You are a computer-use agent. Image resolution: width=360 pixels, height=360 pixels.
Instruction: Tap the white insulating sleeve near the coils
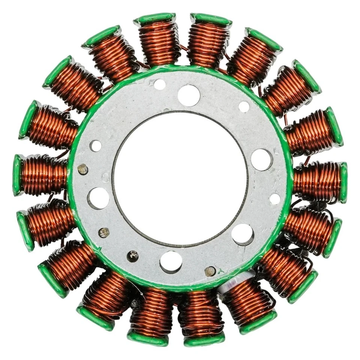(229, 285)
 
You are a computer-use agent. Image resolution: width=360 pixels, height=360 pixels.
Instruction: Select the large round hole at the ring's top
(189, 95)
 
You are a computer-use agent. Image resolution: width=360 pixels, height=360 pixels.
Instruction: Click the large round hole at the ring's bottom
(171, 262)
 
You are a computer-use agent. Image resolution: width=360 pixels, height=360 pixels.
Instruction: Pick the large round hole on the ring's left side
(98, 198)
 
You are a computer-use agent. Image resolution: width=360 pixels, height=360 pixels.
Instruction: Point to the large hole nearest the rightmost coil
(261, 159)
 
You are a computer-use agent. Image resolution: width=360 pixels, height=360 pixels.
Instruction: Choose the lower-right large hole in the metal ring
(243, 234)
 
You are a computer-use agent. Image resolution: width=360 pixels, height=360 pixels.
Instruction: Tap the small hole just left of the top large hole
(159, 84)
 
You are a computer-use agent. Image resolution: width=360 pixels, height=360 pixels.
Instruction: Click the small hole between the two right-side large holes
(275, 199)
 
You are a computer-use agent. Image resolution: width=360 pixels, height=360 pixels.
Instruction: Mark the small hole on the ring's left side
(95, 145)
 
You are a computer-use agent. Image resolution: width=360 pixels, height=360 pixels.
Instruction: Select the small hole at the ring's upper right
(244, 106)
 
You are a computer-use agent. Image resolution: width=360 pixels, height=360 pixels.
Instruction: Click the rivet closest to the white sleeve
(210, 271)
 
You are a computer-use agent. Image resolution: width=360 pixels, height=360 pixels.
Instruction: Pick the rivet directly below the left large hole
(104, 232)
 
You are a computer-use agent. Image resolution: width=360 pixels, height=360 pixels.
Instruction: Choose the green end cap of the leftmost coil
(17, 175)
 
